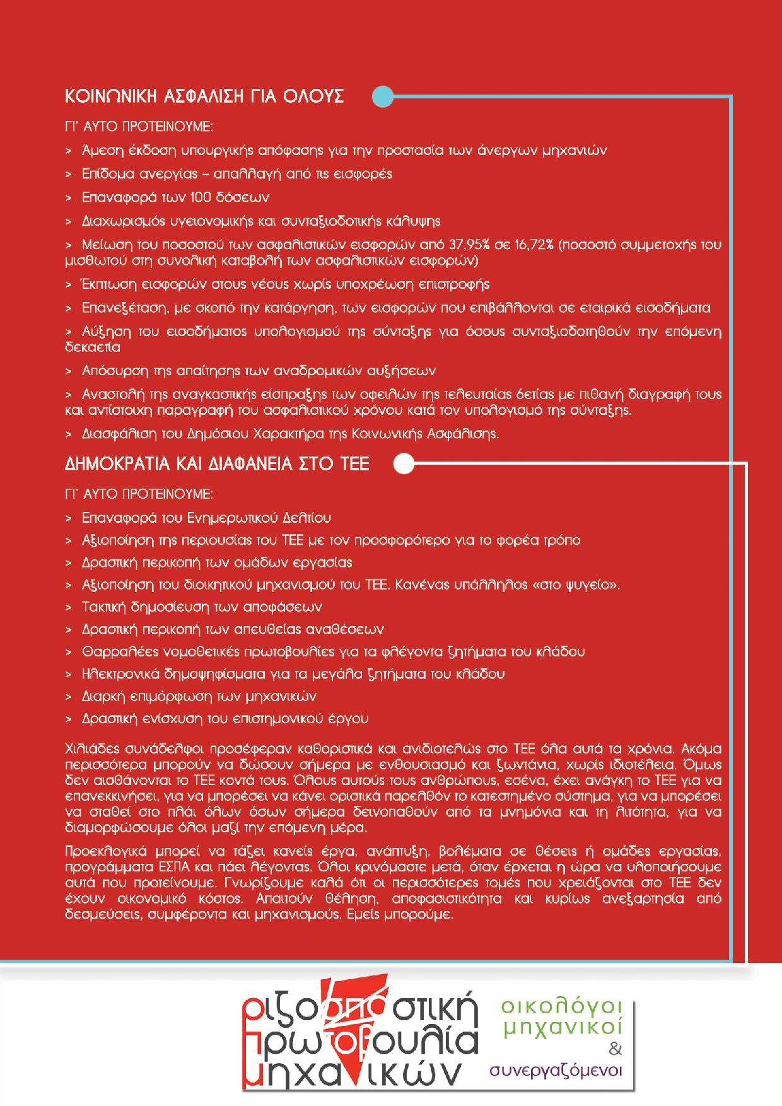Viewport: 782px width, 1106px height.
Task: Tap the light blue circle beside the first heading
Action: coord(383,97)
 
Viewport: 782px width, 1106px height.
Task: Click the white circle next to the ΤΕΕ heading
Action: coord(404,465)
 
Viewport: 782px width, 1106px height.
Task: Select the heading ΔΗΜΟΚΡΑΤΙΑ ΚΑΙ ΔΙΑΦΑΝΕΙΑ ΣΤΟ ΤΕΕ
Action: coord(217,465)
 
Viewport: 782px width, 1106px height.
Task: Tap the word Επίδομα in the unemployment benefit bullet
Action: coord(104,174)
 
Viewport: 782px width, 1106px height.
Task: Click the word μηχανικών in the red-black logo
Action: coord(353,1073)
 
